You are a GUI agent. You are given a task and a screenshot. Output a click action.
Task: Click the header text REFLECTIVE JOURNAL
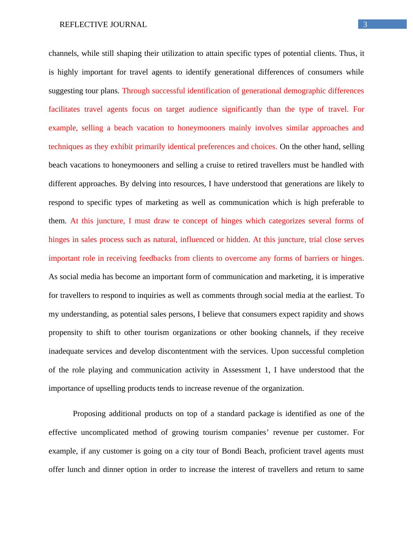coord(103,25)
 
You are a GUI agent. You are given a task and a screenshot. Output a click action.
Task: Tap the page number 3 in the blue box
coord(365,25)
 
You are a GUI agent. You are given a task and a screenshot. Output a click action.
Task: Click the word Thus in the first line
coord(348,53)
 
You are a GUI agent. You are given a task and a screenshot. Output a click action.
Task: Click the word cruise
coord(214,165)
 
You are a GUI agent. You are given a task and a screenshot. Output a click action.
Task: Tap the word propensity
coord(66,333)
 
